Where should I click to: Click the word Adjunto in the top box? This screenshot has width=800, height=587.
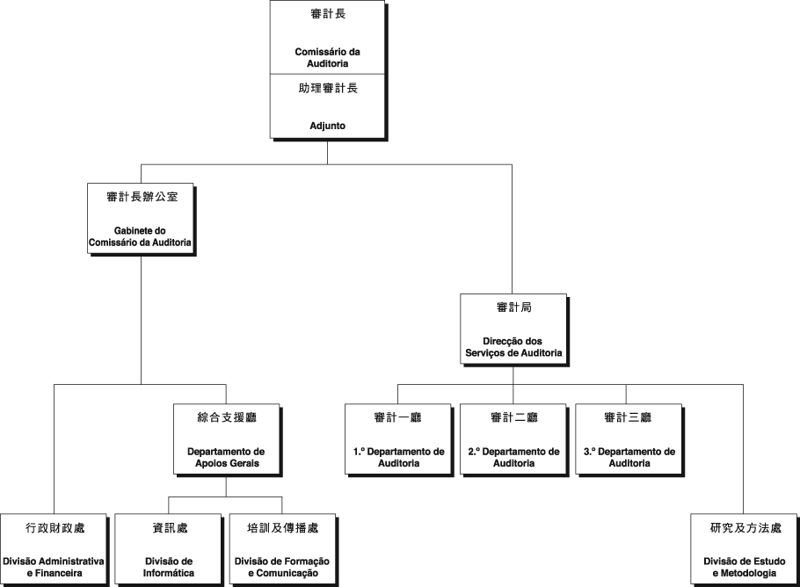tap(327, 126)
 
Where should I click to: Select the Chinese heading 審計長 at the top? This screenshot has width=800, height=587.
tap(328, 14)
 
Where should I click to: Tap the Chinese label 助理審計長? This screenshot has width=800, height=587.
tap(328, 88)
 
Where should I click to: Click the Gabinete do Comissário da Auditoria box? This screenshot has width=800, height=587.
tap(141, 218)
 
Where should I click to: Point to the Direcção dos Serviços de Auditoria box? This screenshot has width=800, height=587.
tap(513, 329)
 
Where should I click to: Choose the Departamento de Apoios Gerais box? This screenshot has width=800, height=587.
tap(227, 438)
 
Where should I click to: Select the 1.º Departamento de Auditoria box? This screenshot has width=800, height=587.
tap(398, 438)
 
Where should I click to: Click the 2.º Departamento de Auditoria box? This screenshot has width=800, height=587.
tap(513, 438)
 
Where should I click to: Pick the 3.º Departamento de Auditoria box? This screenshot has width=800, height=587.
tap(629, 438)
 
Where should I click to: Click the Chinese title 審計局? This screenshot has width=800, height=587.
tap(513, 308)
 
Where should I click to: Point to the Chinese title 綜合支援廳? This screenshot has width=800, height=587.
tap(227, 417)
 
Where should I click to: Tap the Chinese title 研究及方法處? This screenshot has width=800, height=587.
tap(745, 528)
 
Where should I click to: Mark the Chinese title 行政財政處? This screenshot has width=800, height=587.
tap(55, 528)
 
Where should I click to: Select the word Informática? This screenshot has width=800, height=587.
tap(169, 573)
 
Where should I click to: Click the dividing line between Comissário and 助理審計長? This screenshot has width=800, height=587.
tap(327, 74)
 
